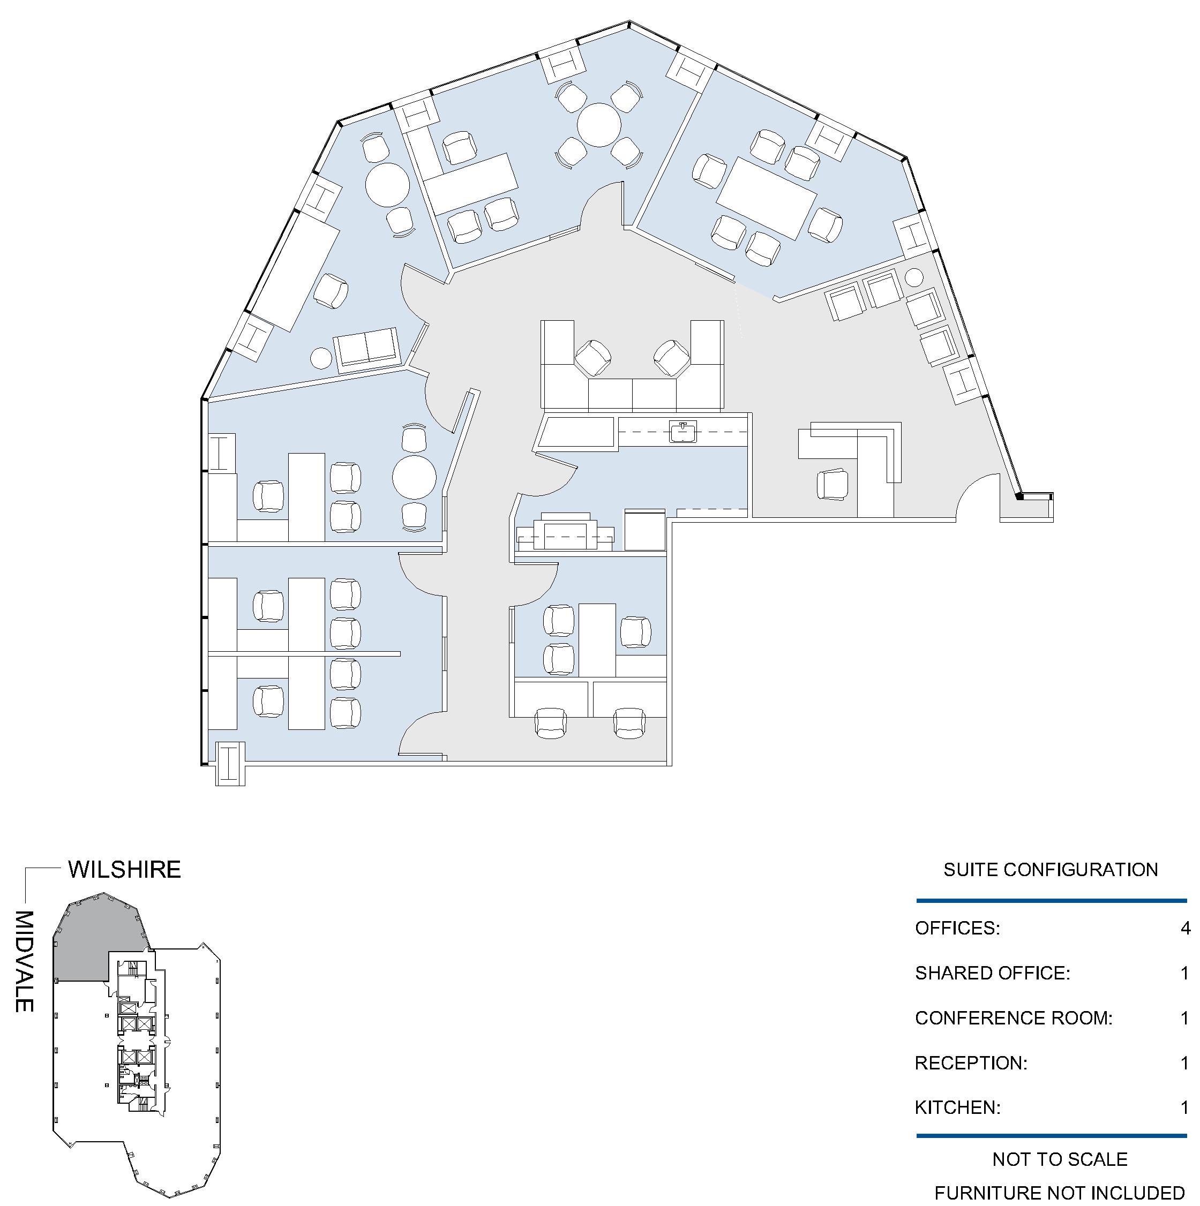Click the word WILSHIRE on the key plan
(124, 870)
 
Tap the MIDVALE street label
(24, 961)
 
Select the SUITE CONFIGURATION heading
(1051, 870)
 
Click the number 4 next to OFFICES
(1185, 928)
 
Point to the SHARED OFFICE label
(993, 973)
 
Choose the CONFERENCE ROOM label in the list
(1014, 1018)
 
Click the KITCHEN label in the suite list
(958, 1108)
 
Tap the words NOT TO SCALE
(1060, 1159)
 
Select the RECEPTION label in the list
(971, 1063)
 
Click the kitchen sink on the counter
(683, 431)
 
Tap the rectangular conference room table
(767, 199)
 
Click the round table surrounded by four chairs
(599, 125)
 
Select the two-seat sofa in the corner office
(367, 350)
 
